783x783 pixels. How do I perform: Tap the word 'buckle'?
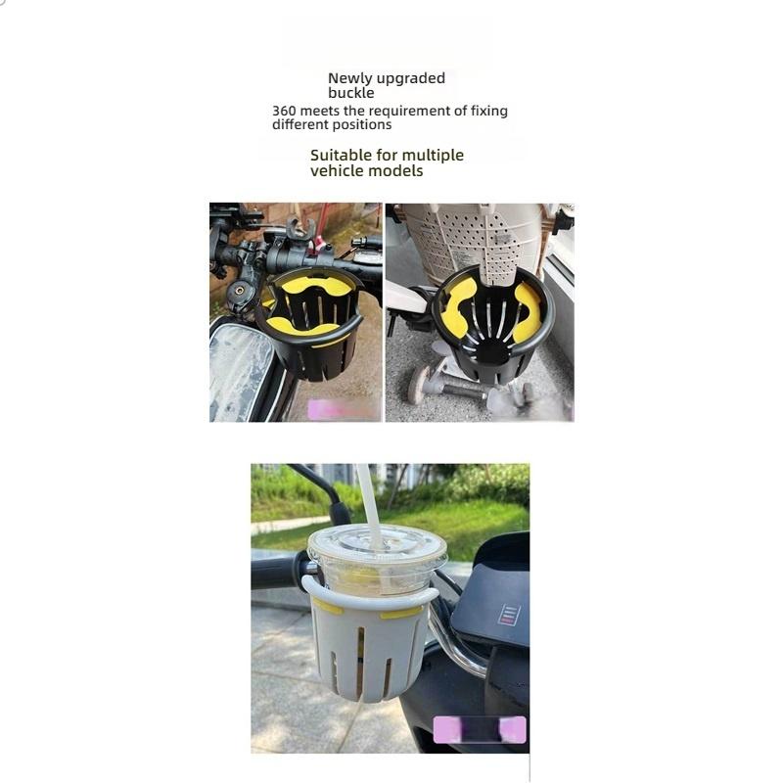350,93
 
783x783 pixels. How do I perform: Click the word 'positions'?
361,124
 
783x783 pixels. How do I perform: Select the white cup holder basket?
371,646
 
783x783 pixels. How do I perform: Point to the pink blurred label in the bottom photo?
480,730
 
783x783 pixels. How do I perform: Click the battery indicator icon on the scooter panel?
509,615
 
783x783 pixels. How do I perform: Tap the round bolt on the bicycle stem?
238,290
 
